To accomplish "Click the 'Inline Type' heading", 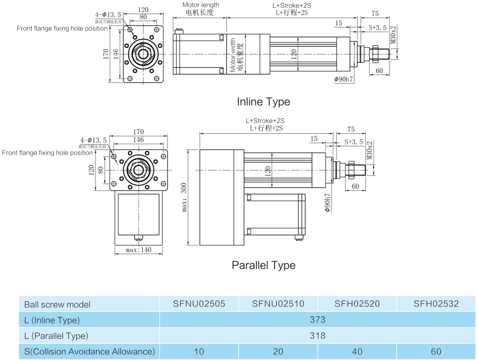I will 263,102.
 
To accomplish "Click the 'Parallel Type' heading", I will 263,265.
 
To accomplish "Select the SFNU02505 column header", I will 199,304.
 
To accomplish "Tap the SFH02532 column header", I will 436,304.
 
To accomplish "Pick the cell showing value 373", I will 317,320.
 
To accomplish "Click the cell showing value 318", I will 317,336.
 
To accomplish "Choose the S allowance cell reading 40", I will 357,352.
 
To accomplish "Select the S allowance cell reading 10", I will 199,352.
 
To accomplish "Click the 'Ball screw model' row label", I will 57,304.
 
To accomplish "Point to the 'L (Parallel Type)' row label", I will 56,336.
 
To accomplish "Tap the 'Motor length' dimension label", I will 200,5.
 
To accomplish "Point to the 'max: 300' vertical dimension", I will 183,197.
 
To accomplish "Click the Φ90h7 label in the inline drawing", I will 344,79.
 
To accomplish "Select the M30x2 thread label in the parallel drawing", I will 370,150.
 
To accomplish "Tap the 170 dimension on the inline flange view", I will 106,53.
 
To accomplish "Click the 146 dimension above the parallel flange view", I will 138,140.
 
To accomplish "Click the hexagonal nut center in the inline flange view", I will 142,53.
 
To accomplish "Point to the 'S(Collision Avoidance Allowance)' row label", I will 89,352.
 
